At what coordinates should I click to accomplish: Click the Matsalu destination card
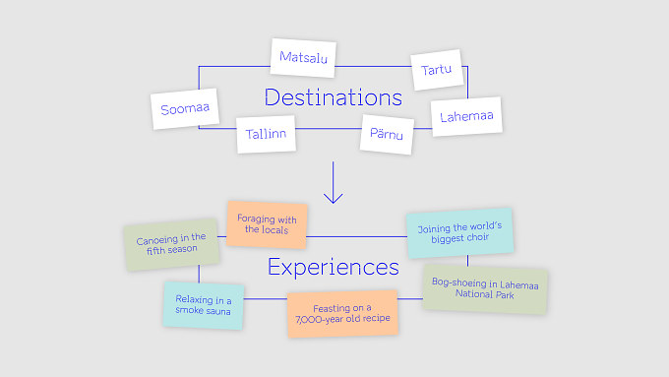tap(303, 58)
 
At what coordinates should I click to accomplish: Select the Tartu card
tap(437, 70)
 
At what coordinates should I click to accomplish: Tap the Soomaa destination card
tap(185, 109)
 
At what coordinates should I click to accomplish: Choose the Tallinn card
tap(266, 134)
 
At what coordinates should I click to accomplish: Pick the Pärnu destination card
tap(387, 135)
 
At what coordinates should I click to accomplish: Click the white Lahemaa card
tap(466, 116)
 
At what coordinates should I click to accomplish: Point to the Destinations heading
tap(334, 97)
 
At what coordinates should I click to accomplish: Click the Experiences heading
tap(334, 268)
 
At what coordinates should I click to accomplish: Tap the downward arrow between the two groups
tap(334, 182)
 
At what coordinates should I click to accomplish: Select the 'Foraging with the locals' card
tap(267, 224)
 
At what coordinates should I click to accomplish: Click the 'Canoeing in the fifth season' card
tap(171, 244)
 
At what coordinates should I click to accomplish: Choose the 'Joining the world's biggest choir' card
tap(459, 232)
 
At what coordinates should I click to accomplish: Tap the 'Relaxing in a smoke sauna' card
tap(204, 305)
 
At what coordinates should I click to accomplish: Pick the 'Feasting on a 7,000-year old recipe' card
tap(342, 314)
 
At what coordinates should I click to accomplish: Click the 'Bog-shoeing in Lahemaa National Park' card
tap(485, 289)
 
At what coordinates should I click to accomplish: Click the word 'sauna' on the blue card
tap(218, 311)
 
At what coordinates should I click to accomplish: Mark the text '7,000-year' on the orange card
tap(315, 319)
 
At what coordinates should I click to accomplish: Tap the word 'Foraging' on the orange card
tap(256, 219)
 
